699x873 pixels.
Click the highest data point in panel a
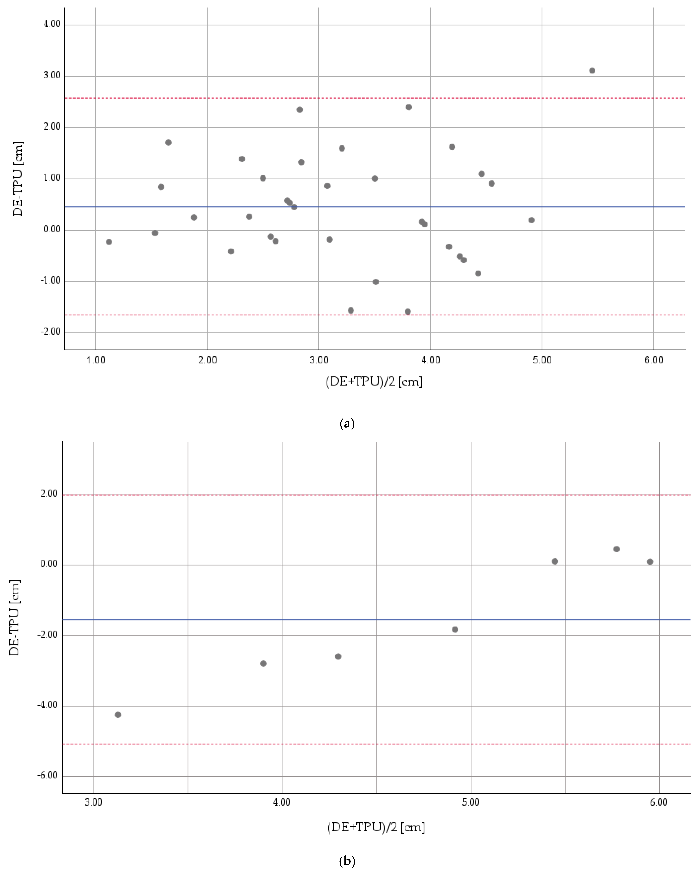(x=592, y=70)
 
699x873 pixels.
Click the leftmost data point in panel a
(x=109, y=242)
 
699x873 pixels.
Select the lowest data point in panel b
(x=118, y=715)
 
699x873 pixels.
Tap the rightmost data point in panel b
(x=650, y=562)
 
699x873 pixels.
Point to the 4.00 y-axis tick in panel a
(x=52, y=24)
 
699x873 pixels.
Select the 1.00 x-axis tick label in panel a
(x=96, y=360)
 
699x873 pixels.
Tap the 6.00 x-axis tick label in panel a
(x=654, y=360)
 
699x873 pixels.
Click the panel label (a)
(x=347, y=424)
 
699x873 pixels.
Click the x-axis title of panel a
(x=374, y=381)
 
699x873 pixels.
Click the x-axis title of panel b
(x=376, y=827)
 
